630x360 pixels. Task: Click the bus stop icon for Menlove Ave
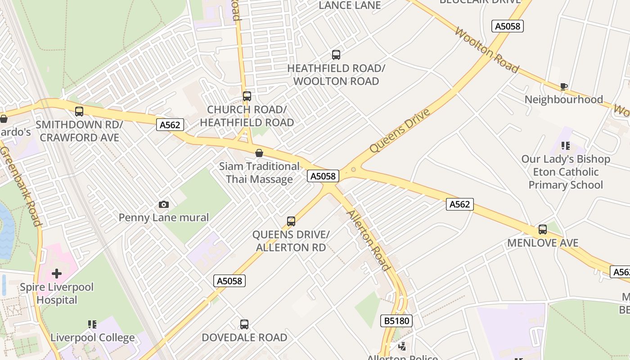[x=543, y=229]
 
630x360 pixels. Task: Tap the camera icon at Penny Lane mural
[x=164, y=205]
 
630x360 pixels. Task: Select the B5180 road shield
[x=396, y=321]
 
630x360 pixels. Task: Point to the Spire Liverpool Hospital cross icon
[x=57, y=274]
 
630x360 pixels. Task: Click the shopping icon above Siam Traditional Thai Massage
[x=259, y=153]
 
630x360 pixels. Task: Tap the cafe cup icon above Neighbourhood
[x=563, y=86]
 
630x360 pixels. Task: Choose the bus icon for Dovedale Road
[x=244, y=324]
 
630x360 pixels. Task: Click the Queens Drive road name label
[x=400, y=130]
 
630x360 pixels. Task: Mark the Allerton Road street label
[x=368, y=240]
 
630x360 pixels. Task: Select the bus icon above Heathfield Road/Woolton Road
[x=336, y=55]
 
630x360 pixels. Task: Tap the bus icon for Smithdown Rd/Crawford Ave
[x=79, y=111]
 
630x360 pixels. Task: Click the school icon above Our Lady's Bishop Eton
[x=566, y=146]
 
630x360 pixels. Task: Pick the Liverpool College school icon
[x=92, y=324]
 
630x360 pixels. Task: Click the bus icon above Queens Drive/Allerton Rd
[x=291, y=221]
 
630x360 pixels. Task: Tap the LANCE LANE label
[x=350, y=5]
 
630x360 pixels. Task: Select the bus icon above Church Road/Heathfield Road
[x=247, y=96]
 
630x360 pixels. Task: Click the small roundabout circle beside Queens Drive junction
[x=354, y=170]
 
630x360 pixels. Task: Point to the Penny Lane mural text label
[x=164, y=218]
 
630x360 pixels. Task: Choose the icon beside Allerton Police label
[x=403, y=346]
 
